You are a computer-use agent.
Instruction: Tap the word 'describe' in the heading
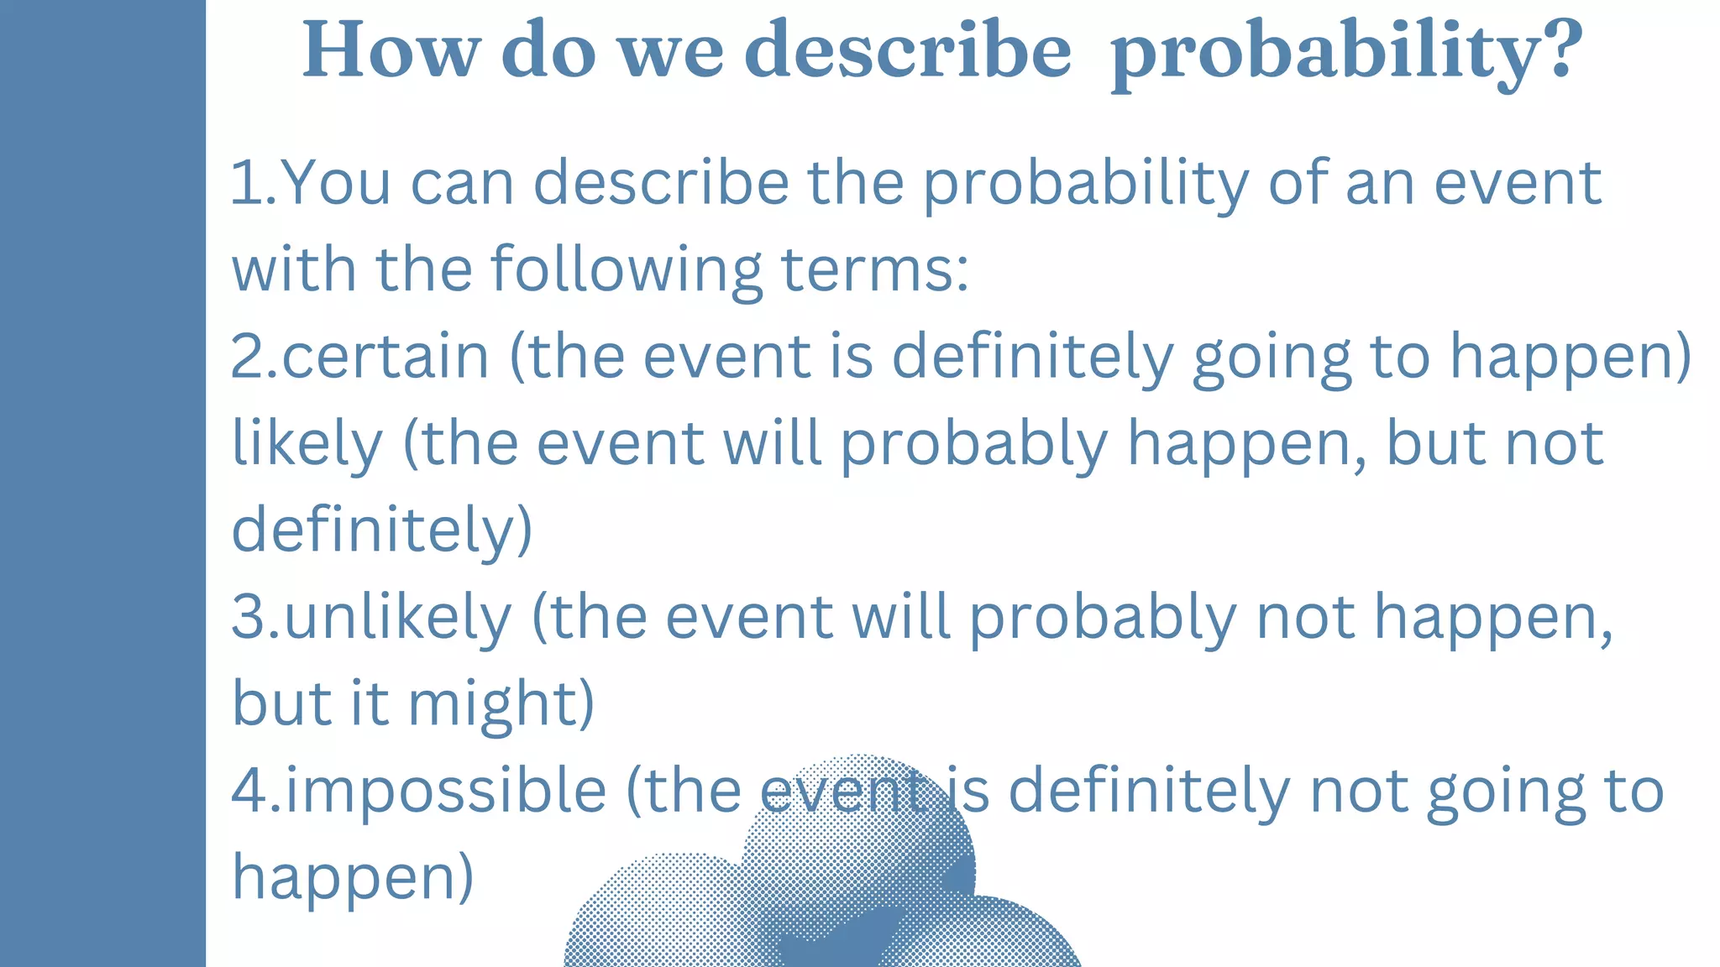click(908, 50)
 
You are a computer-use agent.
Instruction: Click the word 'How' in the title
click(391, 50)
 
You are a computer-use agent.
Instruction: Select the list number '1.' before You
click(252, 183)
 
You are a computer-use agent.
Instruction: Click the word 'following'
click(626, 270)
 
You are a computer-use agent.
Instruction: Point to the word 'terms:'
click(874, 270)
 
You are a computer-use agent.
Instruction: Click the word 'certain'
click(385, 357)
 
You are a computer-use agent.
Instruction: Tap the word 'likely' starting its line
click(307, 445)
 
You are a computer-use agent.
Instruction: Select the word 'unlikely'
click(397, 618)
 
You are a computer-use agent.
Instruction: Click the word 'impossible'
click(446, 791)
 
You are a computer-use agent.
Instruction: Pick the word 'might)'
click(501, 704)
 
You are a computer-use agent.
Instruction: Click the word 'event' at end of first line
click(1517, 183)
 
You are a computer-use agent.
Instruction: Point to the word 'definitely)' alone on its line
click(382, 531)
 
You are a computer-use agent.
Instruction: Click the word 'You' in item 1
click(336, 183)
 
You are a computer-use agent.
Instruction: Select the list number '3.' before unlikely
click(255, 618)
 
